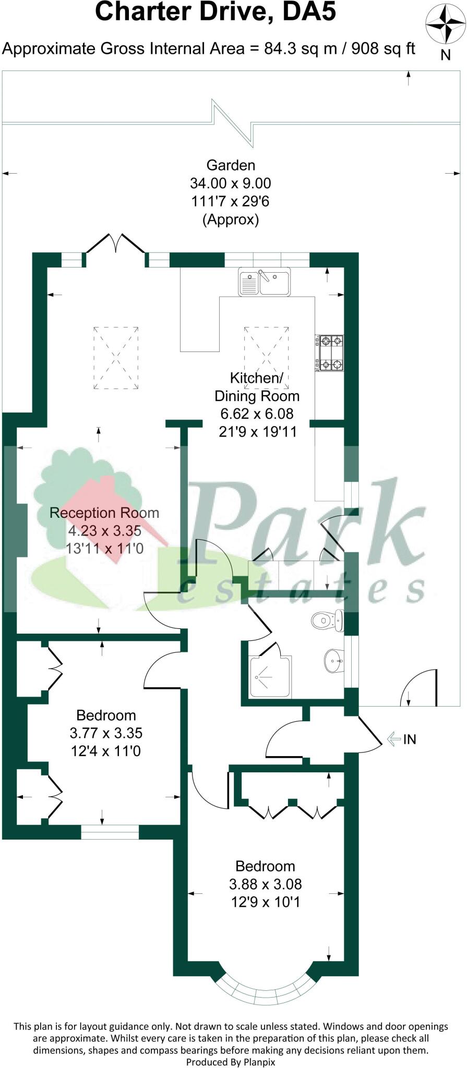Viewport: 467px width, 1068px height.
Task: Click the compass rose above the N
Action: (445, 24)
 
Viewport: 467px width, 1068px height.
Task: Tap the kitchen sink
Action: (265, 282)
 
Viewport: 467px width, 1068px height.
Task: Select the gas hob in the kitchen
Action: (331, 353)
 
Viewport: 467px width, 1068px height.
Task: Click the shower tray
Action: (270, 677)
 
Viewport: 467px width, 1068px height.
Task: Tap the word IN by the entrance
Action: (410, 739)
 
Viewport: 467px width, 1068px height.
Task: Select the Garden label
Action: (231, 165)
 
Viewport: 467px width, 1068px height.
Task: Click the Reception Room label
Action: (104, 513)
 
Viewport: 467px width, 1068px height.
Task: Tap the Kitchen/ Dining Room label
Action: (257, 386)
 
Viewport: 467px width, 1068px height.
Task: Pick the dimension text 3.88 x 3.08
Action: (265, 884)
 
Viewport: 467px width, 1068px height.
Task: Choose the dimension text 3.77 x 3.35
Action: (106, 733)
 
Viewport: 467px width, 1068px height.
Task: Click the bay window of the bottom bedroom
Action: (266, 989)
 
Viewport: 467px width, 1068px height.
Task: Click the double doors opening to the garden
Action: (116, 244)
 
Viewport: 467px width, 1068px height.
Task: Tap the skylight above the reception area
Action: (116, 357)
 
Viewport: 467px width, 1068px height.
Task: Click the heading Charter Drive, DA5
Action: (215, 13)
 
